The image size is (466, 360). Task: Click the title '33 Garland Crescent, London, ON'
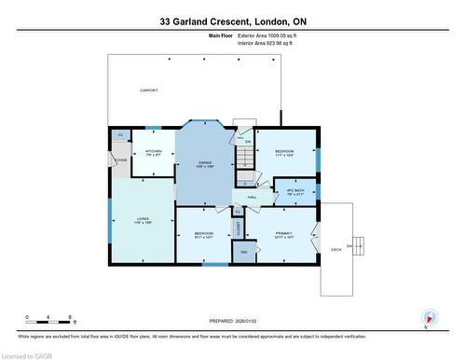[232, 20]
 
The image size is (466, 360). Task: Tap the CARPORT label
[148, 90]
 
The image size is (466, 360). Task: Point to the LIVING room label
[143, 220]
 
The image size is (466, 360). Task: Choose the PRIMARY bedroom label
[283, 234]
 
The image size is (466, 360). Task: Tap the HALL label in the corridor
[253, 197]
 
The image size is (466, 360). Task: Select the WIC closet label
[244, 252]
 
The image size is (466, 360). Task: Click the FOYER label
[120, 160]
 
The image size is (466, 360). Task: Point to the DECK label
[336, 249]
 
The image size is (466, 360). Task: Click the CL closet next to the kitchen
[119, 136]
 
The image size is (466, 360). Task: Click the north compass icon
[428, 318]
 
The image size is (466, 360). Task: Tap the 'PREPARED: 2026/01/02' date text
[232, 321]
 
